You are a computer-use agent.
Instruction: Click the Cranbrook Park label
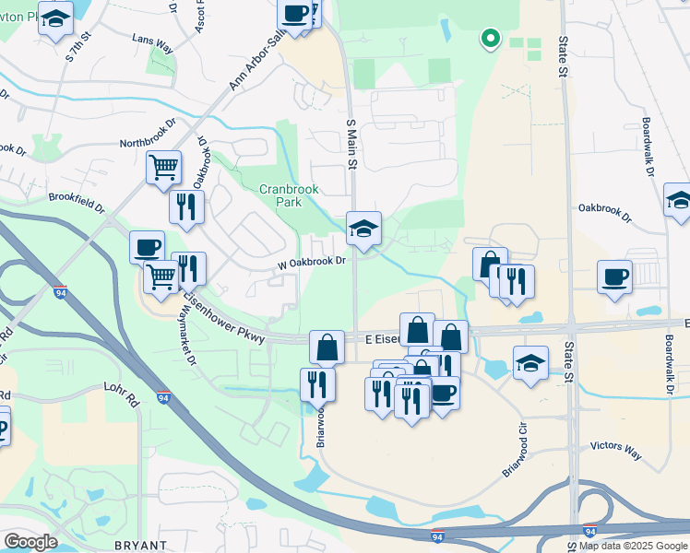pos(289,194)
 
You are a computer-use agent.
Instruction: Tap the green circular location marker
pos(491,39)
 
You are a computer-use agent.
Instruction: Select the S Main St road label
pos(351,142)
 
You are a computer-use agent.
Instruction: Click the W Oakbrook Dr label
pos(311,262)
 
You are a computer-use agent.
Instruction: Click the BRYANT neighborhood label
pos(141,546)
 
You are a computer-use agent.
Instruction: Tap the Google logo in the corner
pos(30,542)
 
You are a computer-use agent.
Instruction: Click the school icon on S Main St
pos(363,229)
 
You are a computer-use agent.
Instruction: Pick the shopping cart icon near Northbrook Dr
pos(163,168)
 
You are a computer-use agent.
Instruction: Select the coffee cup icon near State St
pos(614,276)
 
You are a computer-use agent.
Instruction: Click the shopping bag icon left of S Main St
pos(327,347)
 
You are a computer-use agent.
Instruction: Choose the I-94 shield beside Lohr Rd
pos(163,398)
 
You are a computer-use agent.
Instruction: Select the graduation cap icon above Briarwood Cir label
pos(530,362)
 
